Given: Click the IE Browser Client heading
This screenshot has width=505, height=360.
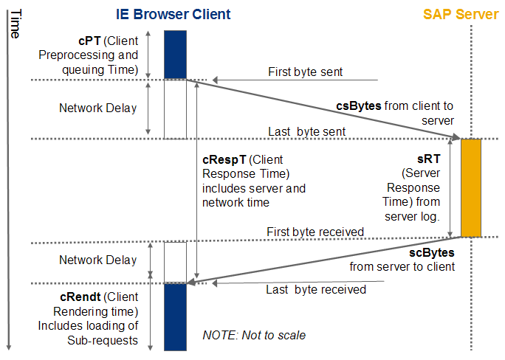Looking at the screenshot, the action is [x=173, y=15].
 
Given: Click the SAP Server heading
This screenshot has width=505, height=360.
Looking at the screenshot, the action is [x=461, y=15].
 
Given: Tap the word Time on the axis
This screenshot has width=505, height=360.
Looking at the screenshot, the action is [x=16, y=24].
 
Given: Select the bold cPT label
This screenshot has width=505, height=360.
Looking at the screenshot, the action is [x=89, y=41].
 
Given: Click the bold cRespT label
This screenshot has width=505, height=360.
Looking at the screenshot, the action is [x=224, y=159].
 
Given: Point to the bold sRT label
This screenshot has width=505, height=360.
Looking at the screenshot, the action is [x=429, y=159].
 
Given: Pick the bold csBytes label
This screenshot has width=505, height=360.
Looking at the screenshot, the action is [x=359, y=105].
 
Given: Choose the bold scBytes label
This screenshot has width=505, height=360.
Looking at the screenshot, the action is [x=432, y=252].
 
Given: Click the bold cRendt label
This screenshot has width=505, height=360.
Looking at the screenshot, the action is [x=80, y=297].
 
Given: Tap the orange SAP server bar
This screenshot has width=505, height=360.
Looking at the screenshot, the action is [x=471, y=188].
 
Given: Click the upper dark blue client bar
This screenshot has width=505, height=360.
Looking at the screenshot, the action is [x=175, y=55].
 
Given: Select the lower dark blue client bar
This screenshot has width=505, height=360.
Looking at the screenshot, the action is [x=175, y=317].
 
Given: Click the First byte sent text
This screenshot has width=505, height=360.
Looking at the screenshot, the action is [x=306, y=72].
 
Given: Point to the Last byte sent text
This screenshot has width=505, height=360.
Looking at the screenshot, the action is [x=306, y=131].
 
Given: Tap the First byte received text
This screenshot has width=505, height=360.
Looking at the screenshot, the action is [x=315, y=232].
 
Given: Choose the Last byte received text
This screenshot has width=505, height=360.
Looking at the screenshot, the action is [x=316, y=289].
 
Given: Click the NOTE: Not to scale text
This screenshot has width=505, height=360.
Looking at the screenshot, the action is [x=254, y=335].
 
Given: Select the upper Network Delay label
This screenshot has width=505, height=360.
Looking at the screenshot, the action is [x=98, y=108].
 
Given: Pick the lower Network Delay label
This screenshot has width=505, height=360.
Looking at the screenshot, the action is [x=98, y=260].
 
